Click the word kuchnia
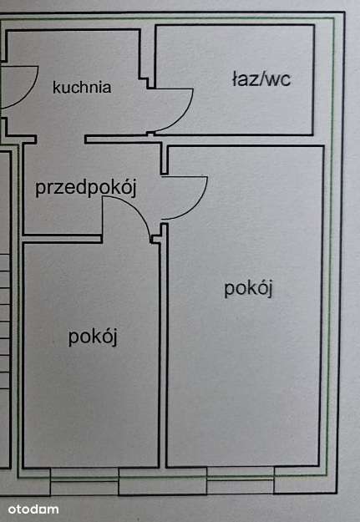pyautogui.click(x=82, y=87)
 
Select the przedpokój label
pyautogui.click(x=85, y=187)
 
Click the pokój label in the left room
pyautogui.click(x=93, y=337)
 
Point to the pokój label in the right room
pyautogui.click(x=249, y=288)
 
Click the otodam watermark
pyautogui.click(x=33, y=509)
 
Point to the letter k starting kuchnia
pyautogui.click(x=56, y=87)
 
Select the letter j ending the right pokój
pyautogui.click(x=271, y=290)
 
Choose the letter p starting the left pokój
pyautogui.click(x=74, y=338)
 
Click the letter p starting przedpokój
pyautogui.click(x=40, y=189)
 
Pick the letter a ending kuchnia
pyautogui.click(x=107, y=88)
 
